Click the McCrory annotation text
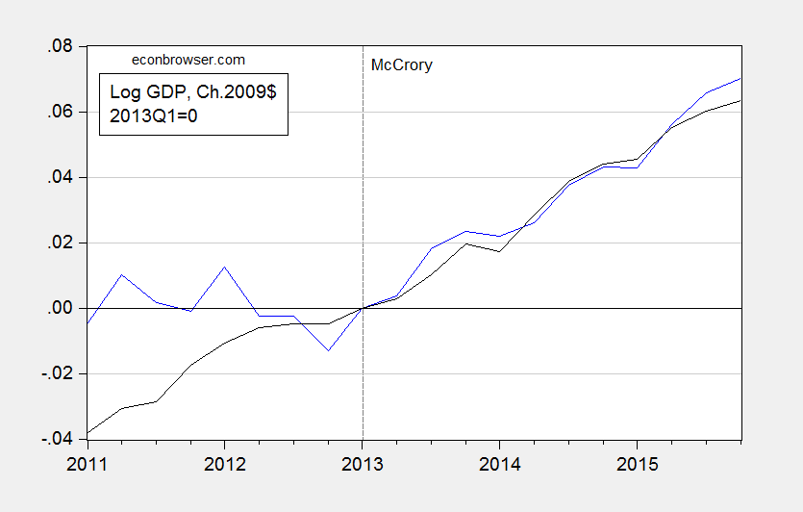coord(402,65)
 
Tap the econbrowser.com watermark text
coord(188,60)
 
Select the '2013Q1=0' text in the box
coord(158,115)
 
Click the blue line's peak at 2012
coord(224,267)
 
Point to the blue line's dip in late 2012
coord(328,350)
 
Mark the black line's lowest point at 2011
coord(88,433)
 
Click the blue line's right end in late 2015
coord(739,78)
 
